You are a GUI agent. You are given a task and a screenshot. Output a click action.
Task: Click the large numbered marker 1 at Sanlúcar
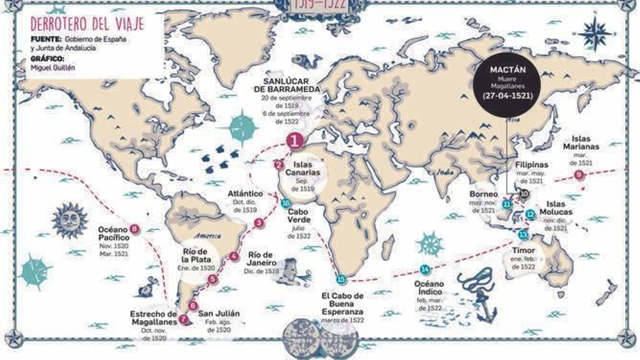click(x=295, y=141)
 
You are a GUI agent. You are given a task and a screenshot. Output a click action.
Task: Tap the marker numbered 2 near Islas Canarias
click(x=279, y=164)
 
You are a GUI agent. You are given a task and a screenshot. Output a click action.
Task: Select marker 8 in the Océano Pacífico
click(x=134, y=229)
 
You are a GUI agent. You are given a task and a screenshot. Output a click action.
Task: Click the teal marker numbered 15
click(x=341, y=280)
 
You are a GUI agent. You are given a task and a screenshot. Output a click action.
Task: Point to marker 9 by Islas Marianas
click(x=578, y=175)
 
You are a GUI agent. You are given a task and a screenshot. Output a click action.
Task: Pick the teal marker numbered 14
click(x=425, y=269)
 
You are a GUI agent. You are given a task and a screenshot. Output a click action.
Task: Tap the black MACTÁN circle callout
click(x=507, y=84)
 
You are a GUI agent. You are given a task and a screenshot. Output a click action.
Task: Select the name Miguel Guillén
click(x=53, y=68)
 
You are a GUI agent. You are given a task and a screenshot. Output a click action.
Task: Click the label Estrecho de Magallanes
click(x=154, y=318)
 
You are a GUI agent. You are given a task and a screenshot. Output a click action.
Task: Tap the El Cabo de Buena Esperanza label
click(x=342, y=304)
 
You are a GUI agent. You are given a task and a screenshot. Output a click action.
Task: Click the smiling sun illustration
click(x=70, y=220)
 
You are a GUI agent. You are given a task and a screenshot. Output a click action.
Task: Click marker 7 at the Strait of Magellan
click(x=183, y=319)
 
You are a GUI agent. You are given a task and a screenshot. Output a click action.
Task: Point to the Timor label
click(x=523, y=250)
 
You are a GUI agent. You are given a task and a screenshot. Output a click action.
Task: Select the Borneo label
click(x=484, y=194)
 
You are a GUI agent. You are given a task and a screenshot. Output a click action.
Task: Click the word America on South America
click(x=207, y=236)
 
